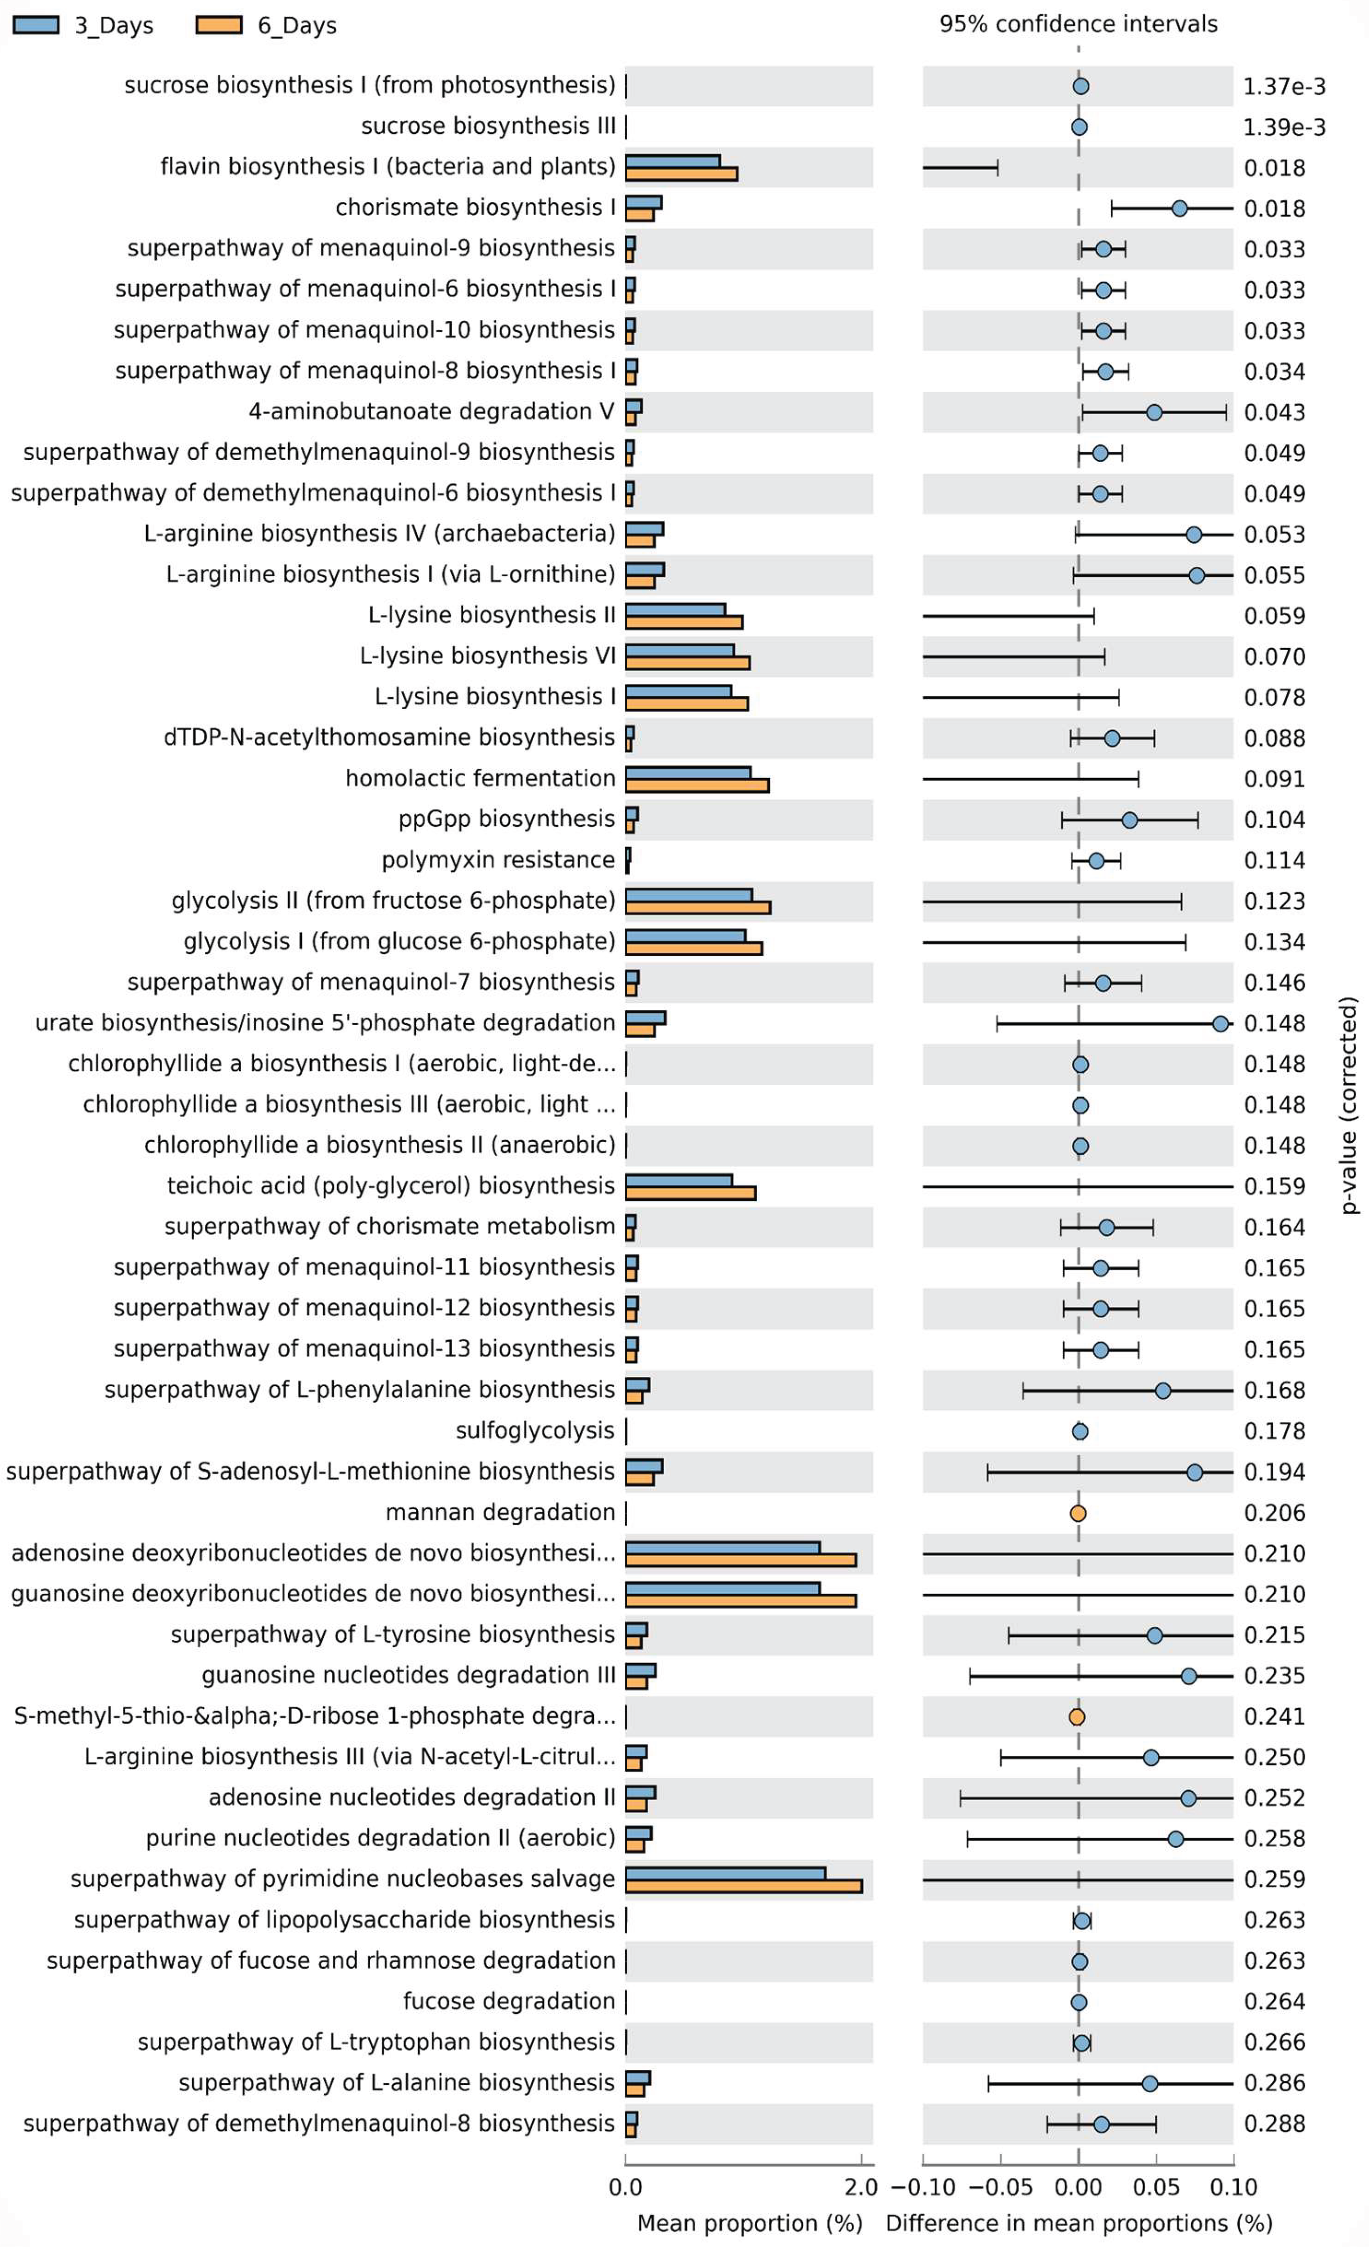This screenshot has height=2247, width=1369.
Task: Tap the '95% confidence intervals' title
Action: (1078, 24)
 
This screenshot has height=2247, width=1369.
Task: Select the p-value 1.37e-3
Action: (1283, 87)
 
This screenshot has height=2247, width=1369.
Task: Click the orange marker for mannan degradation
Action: (1077, 1513)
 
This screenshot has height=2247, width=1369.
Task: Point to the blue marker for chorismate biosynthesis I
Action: (1179, 209)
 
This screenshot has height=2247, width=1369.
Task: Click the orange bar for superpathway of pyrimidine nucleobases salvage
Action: (743, 1886)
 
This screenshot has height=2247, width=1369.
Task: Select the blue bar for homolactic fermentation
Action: (688, 772)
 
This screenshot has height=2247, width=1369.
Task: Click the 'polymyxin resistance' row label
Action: (498, 860)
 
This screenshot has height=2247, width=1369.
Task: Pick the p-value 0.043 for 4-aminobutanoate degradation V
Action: (1274, 412)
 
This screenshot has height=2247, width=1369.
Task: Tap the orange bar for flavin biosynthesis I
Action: (681, 174)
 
